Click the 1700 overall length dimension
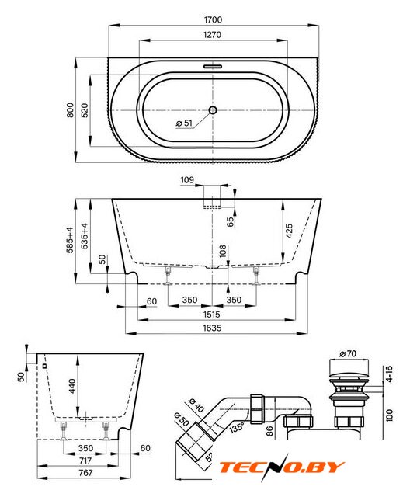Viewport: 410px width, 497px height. (x=213, y=19)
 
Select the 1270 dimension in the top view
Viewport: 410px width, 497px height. (x=212, y=34)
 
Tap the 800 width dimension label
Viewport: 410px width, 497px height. (x=70, y=110)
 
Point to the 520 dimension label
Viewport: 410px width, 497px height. (x=85, y=110)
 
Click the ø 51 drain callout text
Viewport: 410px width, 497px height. (x=184, y=123)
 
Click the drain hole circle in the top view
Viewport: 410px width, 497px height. (x=213, y=110)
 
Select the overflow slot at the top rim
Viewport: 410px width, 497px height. (x=213, y=67)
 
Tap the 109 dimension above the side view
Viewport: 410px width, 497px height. (x=187, y=180)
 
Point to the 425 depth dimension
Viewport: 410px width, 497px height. (x=289, y=231)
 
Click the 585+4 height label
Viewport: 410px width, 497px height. (x=70, y=240)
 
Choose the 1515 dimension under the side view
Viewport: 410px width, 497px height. (x=211, y=314)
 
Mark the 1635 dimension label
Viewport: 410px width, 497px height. (x=212, y=328)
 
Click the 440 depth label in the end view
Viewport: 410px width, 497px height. (x=72, y=386)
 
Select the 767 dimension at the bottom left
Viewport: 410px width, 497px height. (x=85, y=473)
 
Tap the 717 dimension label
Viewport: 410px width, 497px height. (x=85, y=461)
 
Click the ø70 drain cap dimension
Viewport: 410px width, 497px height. (x=348, y=353)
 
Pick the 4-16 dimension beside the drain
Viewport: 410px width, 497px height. (x=389, y=374)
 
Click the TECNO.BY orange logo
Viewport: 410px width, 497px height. (x=282, y=467)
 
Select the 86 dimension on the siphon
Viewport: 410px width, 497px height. (x=269, y=431)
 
